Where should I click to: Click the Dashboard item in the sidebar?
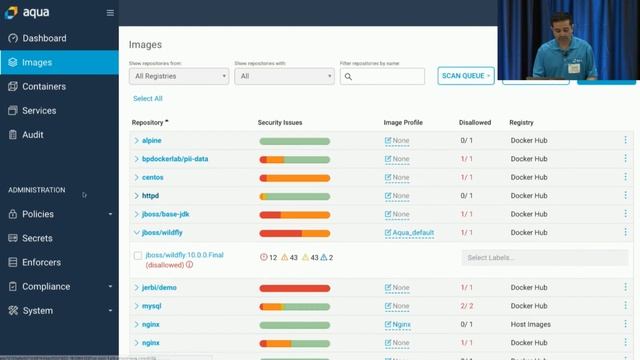[x=44, y=38]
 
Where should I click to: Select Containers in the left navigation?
[x=44, y=87]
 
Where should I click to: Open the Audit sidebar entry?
[x=33, y=135]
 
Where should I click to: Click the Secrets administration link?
[x=37, y=238]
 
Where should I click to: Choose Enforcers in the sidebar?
[x=41, y=262]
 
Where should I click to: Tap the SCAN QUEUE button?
[x=466, y=76]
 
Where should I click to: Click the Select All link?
[x=147, y=99]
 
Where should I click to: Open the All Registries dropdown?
[x=179, y=76]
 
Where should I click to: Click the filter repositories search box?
[x=382, y=76]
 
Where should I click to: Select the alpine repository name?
[x=151, y=141]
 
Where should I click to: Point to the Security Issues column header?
[x=280, y=123]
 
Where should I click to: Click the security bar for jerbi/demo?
[x=294, y=288]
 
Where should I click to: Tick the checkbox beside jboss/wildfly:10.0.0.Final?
[x=138, y=256]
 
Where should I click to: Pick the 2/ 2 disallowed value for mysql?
[x=466, y=306]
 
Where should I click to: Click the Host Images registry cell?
[x=530, y=325]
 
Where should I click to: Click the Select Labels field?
[x=530, y=257]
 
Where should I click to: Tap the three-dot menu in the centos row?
[x=626, y=177]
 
